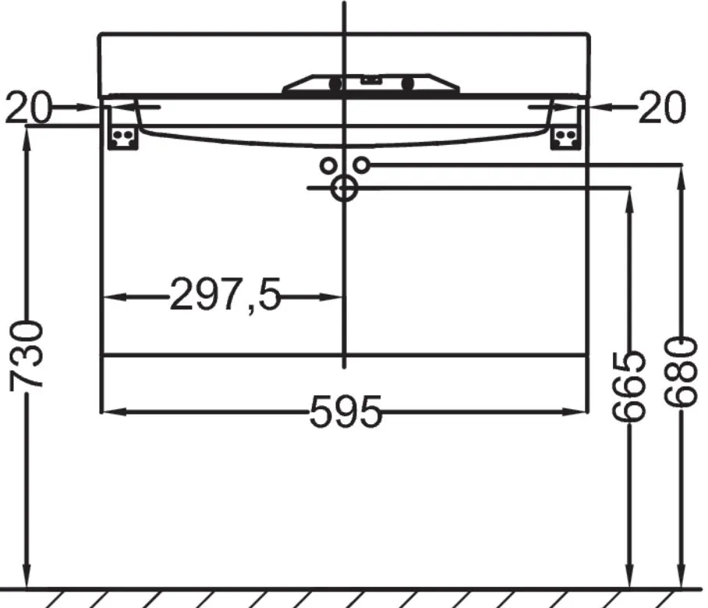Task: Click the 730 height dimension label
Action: point(27,355)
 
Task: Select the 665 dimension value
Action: point(629,384)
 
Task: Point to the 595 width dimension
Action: point(346,412)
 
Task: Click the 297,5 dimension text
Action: point(225,295)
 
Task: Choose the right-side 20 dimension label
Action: point(662,108)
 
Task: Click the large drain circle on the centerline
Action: point(344,188)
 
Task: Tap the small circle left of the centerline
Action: point(327,166)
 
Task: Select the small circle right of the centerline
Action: point(361,165)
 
